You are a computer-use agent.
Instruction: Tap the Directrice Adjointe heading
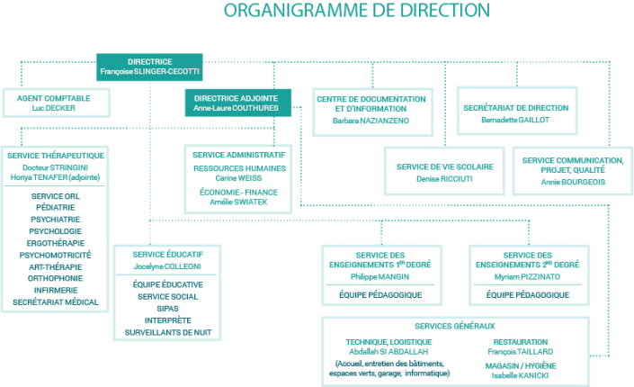tap(236, 97)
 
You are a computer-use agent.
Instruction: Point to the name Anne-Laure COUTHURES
tap(236, 108)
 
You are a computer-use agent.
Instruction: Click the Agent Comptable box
tap(53, 101)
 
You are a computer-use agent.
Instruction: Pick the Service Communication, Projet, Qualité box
tap(572, 170)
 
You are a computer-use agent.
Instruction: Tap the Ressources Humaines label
tap(238, 167)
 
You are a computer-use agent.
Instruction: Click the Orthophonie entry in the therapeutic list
tap(57, 278)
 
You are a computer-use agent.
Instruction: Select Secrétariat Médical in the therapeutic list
tap(57, 303)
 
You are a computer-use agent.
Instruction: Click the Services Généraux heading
tap(454, 326)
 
